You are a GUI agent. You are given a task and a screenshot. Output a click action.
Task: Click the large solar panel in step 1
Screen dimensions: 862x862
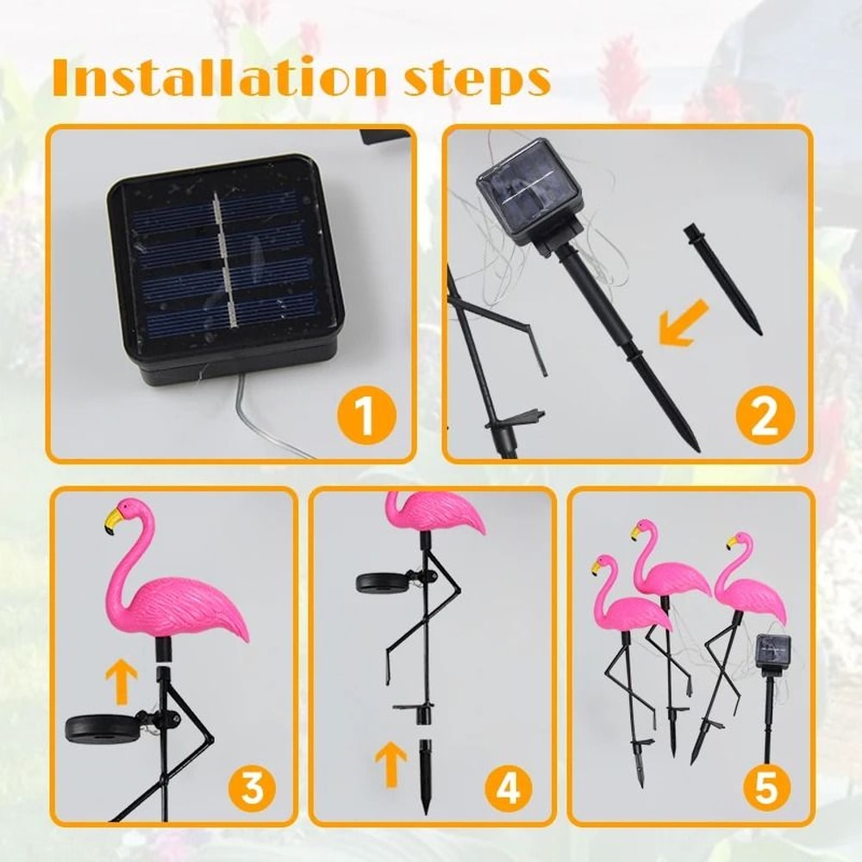coord(226,263)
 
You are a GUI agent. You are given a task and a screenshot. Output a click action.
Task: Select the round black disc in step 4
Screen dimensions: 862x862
coord(382,582)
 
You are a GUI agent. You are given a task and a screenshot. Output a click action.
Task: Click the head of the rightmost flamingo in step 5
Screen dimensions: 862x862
coord(740,544)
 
